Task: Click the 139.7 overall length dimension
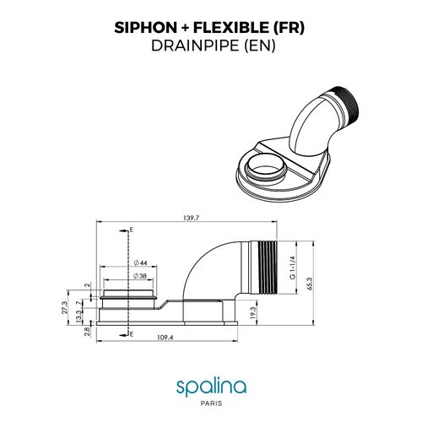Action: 191,219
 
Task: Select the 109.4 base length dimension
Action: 165,338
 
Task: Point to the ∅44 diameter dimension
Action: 140,263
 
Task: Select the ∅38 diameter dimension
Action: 140,276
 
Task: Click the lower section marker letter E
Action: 131,335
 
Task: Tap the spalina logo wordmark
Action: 211,387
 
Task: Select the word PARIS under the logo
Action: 211,403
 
